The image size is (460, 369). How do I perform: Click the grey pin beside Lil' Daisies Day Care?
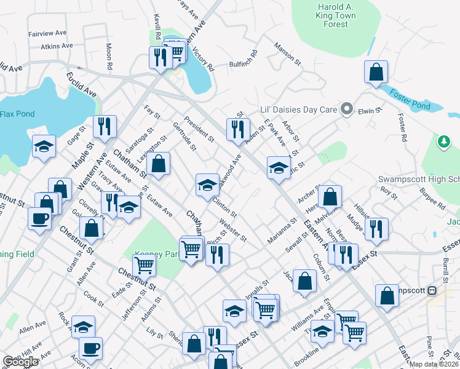347,109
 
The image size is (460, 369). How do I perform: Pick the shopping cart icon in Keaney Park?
144,265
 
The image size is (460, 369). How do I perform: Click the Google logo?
20,362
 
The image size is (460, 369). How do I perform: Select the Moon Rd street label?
109,55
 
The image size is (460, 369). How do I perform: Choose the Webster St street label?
232,230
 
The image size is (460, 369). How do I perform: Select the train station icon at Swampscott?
432,290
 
